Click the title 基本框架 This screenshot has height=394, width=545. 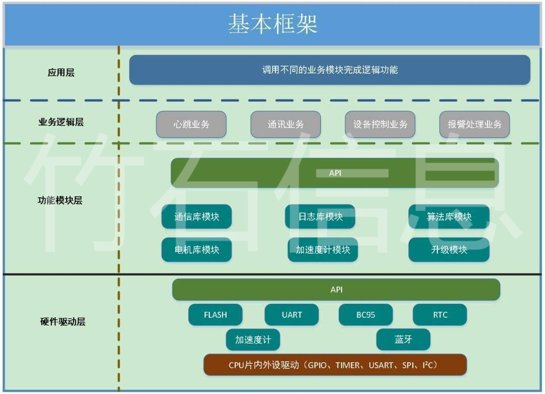click(x=273, y=24)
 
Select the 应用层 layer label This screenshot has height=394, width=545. click(x=61, y=72)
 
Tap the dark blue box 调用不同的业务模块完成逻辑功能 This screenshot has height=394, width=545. click(x=330, y=70)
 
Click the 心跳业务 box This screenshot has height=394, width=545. click(x=191, y=125)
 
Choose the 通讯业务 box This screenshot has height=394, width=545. click(x=286, y=125)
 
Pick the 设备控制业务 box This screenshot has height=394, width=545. click(x=380, y=125)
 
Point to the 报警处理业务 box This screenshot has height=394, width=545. click(x=474, y=125)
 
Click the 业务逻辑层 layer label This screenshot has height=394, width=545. click(x=61, y=122)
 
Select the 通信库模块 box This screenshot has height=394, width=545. click(x=197, y=216)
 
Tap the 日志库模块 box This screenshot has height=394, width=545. click(x=320, y=216)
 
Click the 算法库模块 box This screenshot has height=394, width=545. click(x=449, y=216)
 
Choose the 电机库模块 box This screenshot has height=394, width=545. click(x=197, y=249)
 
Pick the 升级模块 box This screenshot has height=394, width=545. click(x=449, y=249)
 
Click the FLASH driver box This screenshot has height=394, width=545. click(x=215, y=315)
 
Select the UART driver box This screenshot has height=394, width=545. click(x=292, y=315)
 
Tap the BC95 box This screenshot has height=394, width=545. click(x=366, y=315)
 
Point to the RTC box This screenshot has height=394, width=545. click(x=440, y=315)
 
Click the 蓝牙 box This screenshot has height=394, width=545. click(x=403, y=340)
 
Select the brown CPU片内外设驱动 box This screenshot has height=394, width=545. click(x=335, y=365)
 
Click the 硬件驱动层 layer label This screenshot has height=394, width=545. click(x=63, y=322)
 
